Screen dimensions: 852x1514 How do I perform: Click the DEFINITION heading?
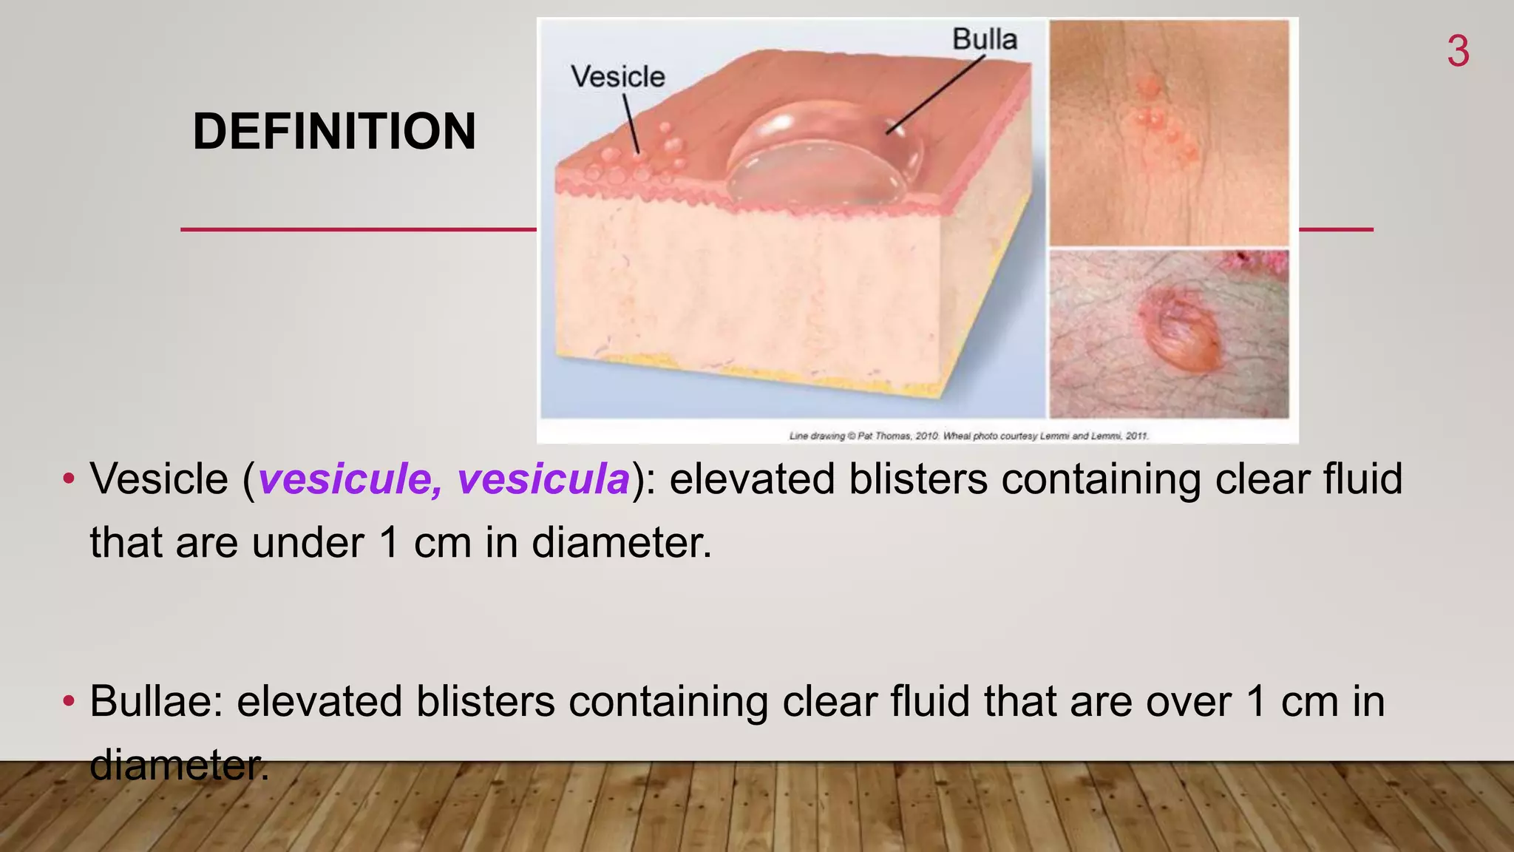[x=334, y=132]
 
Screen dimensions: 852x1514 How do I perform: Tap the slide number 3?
[x=1458, y=52]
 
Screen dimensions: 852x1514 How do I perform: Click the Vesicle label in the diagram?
[x=617, y=77]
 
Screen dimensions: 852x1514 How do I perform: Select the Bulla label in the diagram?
[x=984, y=39]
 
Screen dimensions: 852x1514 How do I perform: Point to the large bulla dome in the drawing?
[x=821, y=159]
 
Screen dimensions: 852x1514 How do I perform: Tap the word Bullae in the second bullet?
[x=155, y=701]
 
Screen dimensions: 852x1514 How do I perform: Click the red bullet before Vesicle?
[x=69, y=479]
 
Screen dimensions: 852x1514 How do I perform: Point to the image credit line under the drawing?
[x=968, y=436]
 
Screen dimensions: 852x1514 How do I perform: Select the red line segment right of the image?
[x=1336, y=229]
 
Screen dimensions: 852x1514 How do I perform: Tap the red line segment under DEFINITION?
[x=359, y=229]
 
